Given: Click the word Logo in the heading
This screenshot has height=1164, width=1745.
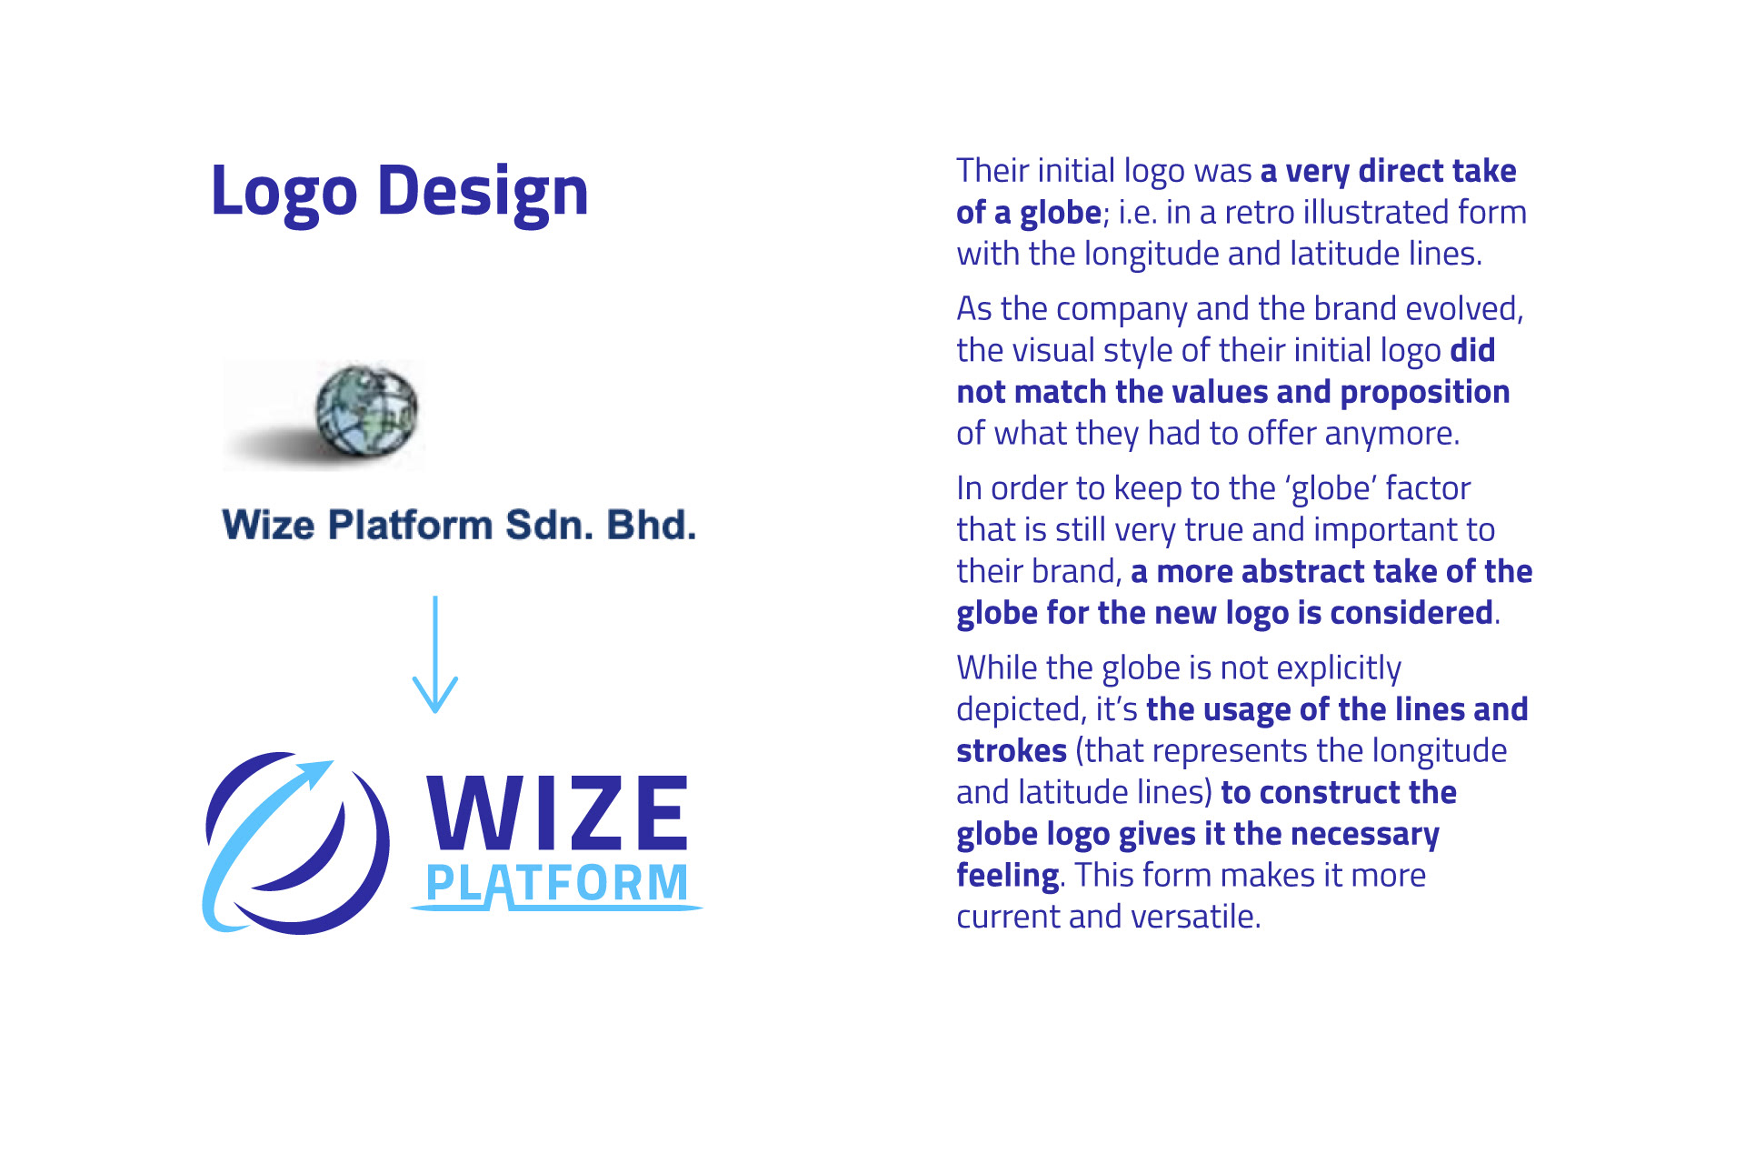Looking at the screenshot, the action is click(284, 193).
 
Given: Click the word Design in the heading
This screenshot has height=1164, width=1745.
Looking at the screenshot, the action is click(483, 193).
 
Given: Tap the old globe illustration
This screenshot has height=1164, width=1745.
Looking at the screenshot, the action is click(367, 410).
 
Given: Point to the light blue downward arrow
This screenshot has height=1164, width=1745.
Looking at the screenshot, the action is click(435, 655).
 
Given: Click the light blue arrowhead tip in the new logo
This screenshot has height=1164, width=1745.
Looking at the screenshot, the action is click(333, 761).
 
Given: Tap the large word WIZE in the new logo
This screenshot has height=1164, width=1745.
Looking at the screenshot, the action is click(557, 812).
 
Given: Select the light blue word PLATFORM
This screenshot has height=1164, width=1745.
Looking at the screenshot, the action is click(557, 883).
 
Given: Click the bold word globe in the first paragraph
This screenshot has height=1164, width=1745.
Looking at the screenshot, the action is click(1061, 213).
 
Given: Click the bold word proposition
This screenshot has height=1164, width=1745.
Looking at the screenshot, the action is click(1425, 393).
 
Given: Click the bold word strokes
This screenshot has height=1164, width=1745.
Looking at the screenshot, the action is click(1012, 751).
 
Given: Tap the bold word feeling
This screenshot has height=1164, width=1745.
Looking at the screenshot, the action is click(1008, 876).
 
